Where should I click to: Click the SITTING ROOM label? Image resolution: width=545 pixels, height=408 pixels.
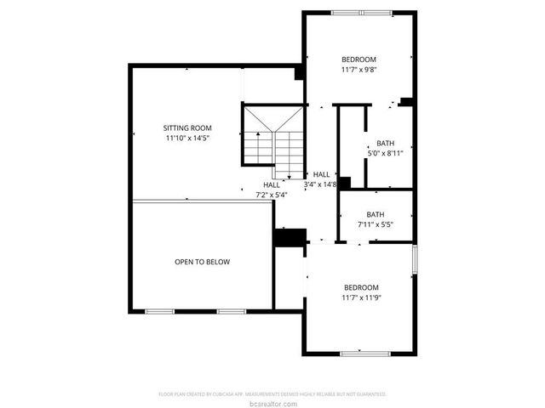point(187,127)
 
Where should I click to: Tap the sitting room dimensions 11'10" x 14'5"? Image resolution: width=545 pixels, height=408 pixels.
point(187,137)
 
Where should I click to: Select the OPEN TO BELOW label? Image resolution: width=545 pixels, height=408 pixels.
point(202,262)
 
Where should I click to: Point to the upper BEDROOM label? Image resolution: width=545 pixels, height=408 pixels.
point(359,59)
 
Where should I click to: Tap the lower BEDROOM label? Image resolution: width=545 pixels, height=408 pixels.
point(360,287)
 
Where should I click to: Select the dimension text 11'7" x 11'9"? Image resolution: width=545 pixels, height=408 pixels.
point(360,297)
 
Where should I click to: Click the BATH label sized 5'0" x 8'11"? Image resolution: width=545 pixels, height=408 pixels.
point(385,143)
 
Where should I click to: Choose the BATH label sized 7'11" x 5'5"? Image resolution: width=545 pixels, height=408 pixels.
point(376,214)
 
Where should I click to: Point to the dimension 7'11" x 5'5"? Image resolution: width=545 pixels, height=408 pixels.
point(376,224)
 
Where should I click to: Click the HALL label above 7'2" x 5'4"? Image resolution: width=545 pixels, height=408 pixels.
point(272,184)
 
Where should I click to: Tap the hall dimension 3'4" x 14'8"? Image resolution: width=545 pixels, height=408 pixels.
point(321,184)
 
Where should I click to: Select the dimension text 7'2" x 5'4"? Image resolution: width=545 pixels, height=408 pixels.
point(272,194)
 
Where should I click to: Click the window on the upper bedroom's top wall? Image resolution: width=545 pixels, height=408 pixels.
point(361,13)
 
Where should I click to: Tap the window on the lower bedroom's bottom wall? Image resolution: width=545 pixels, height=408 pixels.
point(364,353)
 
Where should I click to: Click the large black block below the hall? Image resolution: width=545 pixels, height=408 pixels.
point(290,237)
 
